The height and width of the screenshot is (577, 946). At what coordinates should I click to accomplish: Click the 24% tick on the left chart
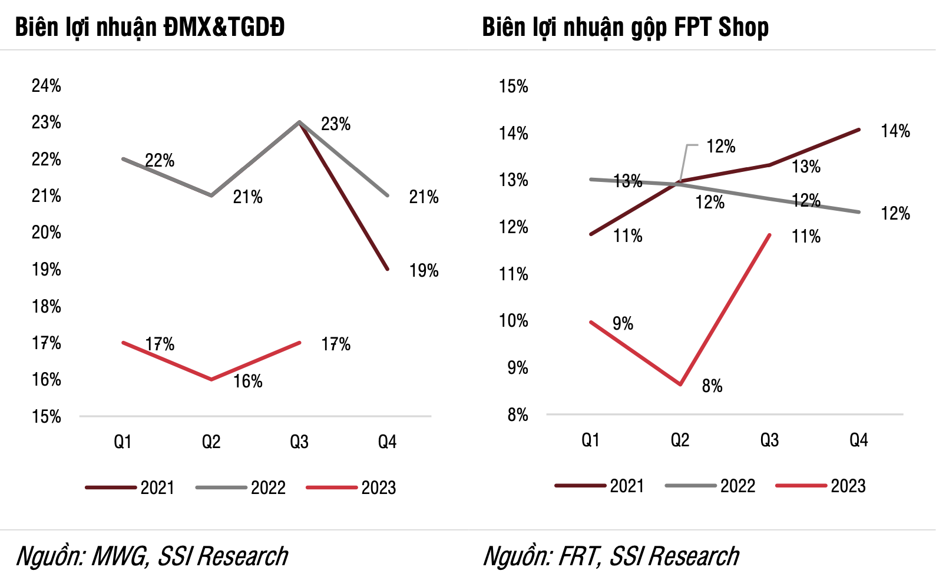pyautogui.click(x=47, y=86)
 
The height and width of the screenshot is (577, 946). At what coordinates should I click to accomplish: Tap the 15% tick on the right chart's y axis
pyautogui.click(x=514, y=87)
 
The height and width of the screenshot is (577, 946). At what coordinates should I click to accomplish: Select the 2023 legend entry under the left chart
pyautogui.click(x=378, y=488)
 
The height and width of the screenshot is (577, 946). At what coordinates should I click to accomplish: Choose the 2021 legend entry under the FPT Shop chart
pyautogui.click(x=627, y=486)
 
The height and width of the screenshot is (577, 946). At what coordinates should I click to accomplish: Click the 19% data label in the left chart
pyautogui.click(x=424, y=271)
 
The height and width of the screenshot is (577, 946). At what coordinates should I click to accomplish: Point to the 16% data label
pyautogui.click(x=248, y=382)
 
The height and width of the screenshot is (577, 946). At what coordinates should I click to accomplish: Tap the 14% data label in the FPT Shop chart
pyautogui.click(x=895, y=131)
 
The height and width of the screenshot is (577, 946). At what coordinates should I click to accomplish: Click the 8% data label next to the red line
pyautogui.click(x=712, y=386)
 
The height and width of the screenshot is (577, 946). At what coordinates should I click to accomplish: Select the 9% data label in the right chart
pyautogui.click(x=623, y=323)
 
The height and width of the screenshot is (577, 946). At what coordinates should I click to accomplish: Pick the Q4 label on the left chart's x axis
pyautogui.click(x=387, y=442)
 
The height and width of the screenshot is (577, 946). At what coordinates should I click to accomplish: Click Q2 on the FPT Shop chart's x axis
pyautogui.click(x=680, y=440)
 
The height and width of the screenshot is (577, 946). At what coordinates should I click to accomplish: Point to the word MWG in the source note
pyautogui.click(x=119, y=556)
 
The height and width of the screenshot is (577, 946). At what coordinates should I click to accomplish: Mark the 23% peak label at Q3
pyautogui.click(x=336, y=124)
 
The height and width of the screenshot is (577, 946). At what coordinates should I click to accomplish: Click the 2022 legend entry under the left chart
pyautogui.click(x=268, y=488)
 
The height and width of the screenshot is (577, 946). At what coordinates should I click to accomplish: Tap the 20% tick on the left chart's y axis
pyautogui.click(x=47, y=233)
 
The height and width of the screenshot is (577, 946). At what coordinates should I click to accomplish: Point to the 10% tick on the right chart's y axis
pyautogui.click(x=514, y=321)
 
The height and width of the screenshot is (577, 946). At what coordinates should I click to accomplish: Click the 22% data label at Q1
pyautogui.click(x=160, y=161)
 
